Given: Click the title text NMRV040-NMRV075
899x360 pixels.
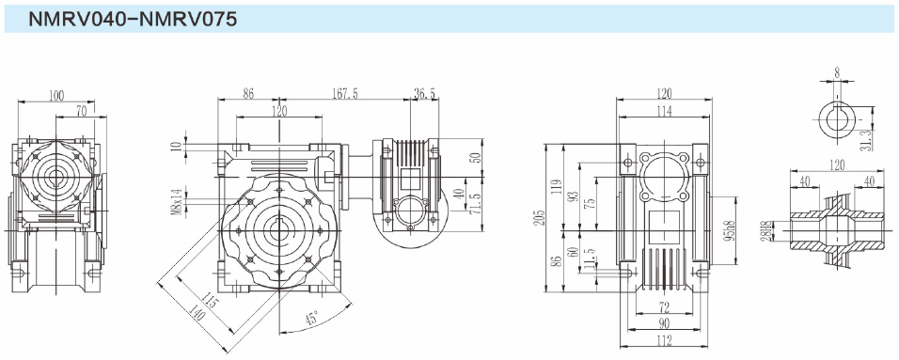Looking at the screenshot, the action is click(133, 20).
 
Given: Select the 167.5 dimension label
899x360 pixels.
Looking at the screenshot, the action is click(346, 93).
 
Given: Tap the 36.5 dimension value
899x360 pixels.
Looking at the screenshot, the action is click(424, 93).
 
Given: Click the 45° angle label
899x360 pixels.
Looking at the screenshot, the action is click(312, 318).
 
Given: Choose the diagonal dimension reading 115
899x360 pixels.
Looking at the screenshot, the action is click(211, 301).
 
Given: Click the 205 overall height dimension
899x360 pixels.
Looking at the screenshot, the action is click(539, 218).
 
